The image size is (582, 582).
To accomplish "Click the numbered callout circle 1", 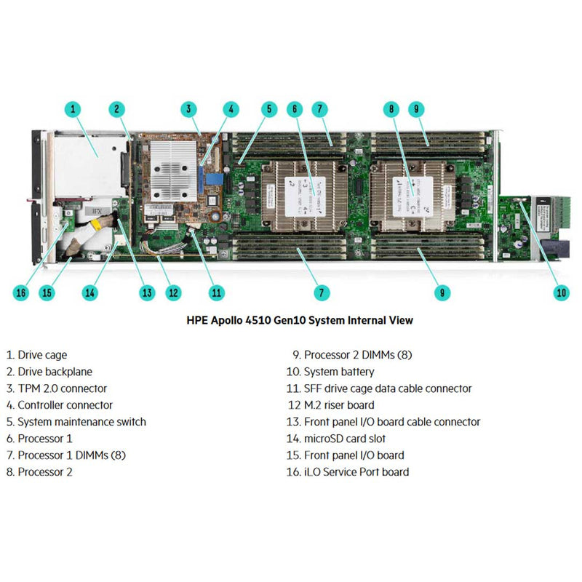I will click(x=73, y=110).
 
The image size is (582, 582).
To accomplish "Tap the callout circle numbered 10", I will click(x=560, y=292).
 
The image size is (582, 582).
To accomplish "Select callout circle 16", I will click(x=22, y=292).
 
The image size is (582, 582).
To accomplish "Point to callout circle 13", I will click(x=148, y=292).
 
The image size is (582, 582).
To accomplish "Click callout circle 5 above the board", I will click(x=269, y=110).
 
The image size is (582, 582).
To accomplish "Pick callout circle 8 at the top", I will click(x=392, y=110).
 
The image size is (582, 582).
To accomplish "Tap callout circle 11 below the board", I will click(x=216, y=292).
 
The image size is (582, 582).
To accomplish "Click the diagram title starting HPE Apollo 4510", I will click(x=300, y=319).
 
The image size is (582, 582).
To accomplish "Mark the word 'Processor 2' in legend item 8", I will click(x=45, y=472).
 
